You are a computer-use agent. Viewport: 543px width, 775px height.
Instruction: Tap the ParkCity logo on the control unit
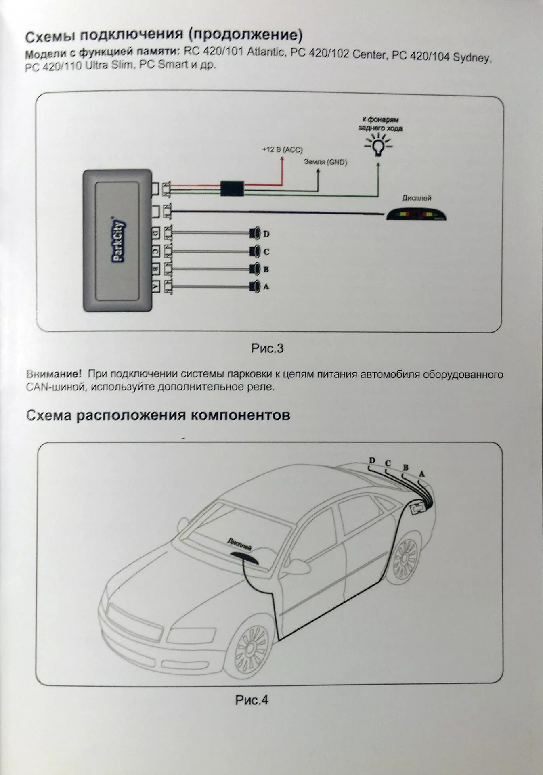pyautogui.click(x=118, y=242)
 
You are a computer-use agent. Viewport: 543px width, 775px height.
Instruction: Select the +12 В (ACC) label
pyautogui.click(x=281, y=150)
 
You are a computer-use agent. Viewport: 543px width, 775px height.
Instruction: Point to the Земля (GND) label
pyautogui.click(x=325, y=162)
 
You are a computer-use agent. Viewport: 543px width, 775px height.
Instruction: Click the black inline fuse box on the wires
pyautogui.click(x=232, y=189)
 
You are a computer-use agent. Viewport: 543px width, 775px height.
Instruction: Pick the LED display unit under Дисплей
pyautogui.click(x=416, y=214)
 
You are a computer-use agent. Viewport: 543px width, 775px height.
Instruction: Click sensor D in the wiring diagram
pyautogui.click(x=254, y=233)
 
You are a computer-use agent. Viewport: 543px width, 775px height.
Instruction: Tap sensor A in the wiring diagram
pyautogui.click(x=254, y=287)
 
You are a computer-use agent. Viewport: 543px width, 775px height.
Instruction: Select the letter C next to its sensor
pyautogui.click(x=266, y=252)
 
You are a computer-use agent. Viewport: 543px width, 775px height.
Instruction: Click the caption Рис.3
pyautogui.click(x=267, y=348)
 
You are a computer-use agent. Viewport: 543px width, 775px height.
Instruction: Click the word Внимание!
pyautogui.click(x=53, y=374)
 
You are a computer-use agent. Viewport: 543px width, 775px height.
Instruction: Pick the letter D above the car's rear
pyautogui.click(x=372, y=461)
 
